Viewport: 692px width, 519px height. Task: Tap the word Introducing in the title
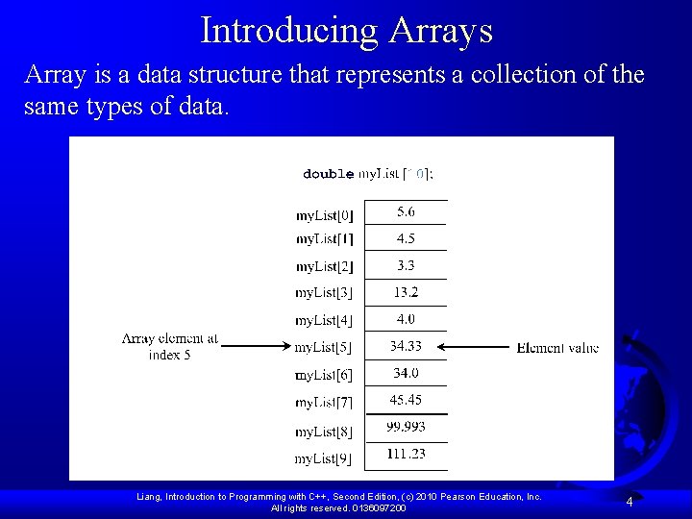pyautogui.click(x=290, y=31)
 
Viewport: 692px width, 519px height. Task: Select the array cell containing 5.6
pyautogui.click(x=407, y=212)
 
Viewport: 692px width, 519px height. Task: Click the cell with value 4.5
pyautogui.click(x=407, y=238)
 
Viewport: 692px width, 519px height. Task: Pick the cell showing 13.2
pyautogui.click(x=407, y=292)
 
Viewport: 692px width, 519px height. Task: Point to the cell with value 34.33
pyautogui.click(x=407, y=346)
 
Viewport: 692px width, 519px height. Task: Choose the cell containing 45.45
pyautogui.click(x=407, y=400)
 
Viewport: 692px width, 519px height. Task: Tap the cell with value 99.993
pyautogui.click(x=407, y=427)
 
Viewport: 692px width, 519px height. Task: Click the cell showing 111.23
pyautogui.click(x=407, y=454)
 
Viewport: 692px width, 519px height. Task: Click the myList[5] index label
pyautogui.click(x=324, y=347)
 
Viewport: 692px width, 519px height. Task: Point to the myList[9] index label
pyautogui.click(x=324, y=458)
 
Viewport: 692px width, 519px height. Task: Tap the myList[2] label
pyautogui.click(x=324, y=266)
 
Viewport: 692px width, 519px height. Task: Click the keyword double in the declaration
pyautogui.click(x=328, y=175)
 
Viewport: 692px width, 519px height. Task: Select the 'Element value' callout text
pyautogui.click(x=557, y=348)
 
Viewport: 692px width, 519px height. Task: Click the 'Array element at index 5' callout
pyautogui.click(x=170, y=346)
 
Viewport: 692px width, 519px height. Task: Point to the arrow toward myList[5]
pyautogui.click(x=256, y=346)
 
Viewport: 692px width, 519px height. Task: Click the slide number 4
pyautogui.click(x=629, y=502)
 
